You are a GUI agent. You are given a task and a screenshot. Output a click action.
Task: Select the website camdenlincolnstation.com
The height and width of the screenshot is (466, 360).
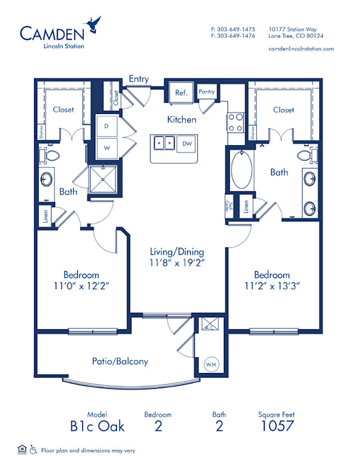pyautogui.click(x=301, y=49)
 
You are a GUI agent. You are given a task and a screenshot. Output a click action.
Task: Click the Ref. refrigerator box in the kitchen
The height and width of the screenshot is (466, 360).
pyautogui.click(x=181, y=93)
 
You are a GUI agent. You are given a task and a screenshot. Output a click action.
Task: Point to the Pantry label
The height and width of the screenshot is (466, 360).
pyautogui.click(x=207, y=92)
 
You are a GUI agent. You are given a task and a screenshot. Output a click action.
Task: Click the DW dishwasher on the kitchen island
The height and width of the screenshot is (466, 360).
pyautogui.click(x=187, y=143)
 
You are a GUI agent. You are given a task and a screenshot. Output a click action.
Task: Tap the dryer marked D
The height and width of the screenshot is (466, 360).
pyautogui.click(x=107, y=127)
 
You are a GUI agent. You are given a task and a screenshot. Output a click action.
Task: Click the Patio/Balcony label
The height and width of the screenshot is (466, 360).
pyautogui.click(x=119, y=362)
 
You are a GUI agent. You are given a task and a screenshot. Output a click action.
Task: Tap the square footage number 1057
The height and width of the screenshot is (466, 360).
pyautogui.click(x=277, y=426)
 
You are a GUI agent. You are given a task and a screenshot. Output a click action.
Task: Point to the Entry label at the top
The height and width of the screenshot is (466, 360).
pyautogui.click(x=139, y=79)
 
